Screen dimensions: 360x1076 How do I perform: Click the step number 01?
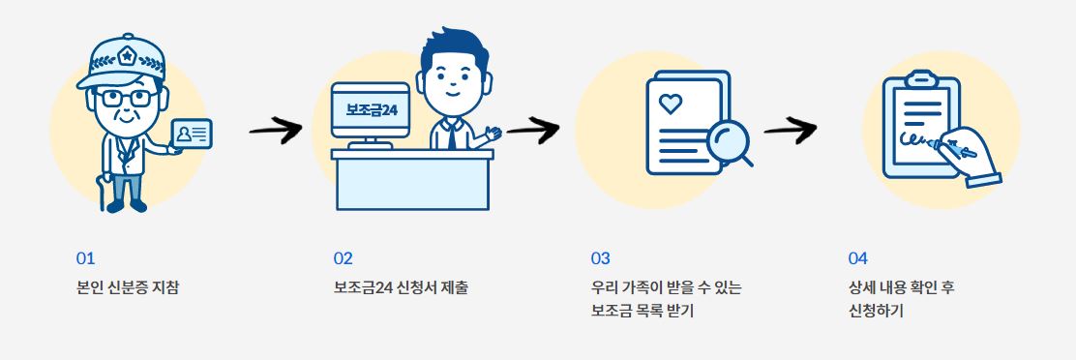86,258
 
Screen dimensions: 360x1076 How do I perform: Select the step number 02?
344,258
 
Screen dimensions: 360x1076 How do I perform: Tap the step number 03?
601,258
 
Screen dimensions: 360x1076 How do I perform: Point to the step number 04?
857,258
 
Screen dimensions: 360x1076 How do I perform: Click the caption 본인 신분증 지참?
128,287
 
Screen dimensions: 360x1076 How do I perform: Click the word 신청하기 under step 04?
875,312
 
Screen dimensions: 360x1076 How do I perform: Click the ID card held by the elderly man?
192,135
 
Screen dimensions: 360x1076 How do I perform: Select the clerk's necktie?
452,135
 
